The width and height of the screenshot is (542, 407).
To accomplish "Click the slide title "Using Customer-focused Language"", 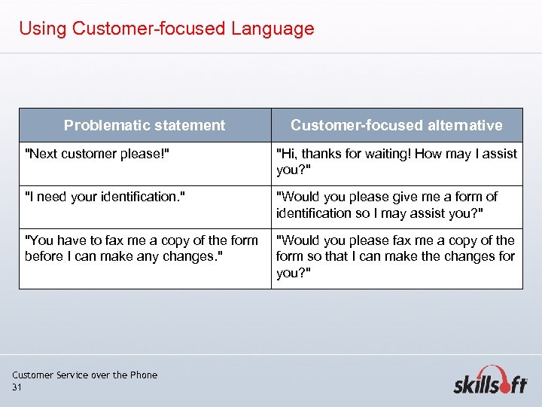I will coord(166,29).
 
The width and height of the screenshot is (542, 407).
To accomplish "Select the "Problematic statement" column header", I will coord(145,125).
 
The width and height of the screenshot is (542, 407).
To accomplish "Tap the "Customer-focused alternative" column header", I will coord(397,125).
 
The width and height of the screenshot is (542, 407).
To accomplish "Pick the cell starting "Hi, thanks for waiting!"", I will coord(397,161).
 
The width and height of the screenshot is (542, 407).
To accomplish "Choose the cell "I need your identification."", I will coord(105,197).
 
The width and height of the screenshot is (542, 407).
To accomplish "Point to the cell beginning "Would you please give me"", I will coord(387,204).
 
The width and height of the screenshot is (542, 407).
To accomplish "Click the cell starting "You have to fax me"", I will coord(141,248).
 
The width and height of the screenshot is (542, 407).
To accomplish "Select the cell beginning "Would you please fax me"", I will coord(395,256).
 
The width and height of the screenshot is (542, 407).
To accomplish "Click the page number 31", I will coord(17,387).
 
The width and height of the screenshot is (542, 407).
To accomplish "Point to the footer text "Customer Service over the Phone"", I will coord(85,375).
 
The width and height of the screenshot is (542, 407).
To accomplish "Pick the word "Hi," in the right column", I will coord(288,154).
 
